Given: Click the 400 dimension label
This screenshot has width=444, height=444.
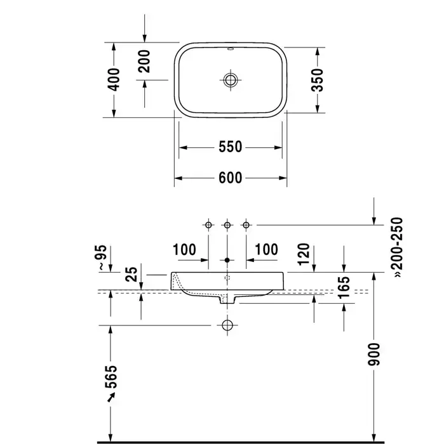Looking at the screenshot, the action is point(114,79).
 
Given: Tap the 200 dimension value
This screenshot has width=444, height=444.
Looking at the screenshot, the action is point(144,61).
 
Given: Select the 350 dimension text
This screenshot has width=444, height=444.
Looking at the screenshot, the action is point(317,80).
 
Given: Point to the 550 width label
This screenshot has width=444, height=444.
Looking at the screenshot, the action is point(230,147).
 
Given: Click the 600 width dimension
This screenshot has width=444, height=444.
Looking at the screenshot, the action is point(230,178).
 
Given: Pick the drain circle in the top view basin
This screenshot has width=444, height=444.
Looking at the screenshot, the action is point(230,80).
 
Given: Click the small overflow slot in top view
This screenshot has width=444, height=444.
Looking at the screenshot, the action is point(230,49).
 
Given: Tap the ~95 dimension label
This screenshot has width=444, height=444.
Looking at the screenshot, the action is point(102,257).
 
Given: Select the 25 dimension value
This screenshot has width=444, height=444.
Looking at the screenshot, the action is point(131,274).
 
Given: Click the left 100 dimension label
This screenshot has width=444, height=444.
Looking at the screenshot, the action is point(184,250).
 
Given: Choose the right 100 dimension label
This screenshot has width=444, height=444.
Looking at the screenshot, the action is point(266,249).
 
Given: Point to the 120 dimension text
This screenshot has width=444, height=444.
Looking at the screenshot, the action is point(304,254).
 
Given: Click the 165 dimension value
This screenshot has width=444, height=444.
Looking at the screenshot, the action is point(344,288).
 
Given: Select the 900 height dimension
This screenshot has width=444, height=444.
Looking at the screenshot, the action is point(373,354).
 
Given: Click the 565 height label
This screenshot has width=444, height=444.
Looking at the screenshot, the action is point(111,377).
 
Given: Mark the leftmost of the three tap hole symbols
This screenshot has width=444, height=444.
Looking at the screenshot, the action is point(208,225).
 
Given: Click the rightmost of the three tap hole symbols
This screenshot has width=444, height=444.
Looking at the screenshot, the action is point(246,225).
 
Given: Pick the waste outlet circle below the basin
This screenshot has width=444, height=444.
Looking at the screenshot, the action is point(227,325).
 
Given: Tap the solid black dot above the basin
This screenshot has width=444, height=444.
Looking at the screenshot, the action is point(227,260).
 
